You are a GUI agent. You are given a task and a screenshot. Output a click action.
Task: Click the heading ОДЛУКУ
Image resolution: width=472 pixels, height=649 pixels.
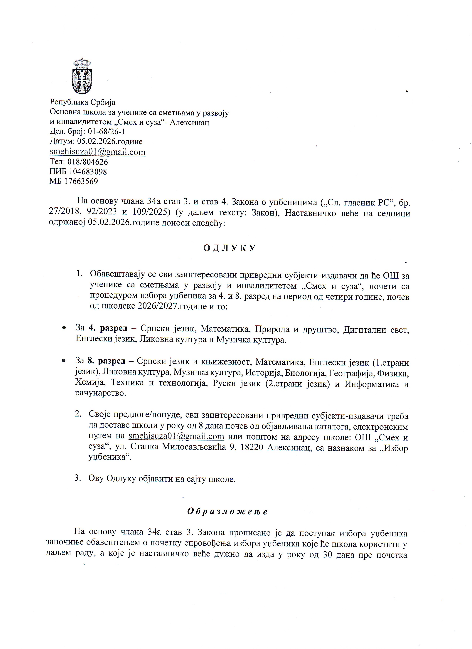point(229,248)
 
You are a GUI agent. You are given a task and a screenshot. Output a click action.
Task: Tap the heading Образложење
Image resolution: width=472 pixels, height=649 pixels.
point(227,511)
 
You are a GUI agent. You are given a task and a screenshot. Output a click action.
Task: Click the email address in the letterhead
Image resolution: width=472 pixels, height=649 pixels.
point(97,152)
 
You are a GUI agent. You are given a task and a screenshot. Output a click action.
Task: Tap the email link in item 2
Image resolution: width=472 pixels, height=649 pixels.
point(176,437)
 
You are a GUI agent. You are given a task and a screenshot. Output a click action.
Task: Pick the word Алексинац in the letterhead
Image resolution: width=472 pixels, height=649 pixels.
point(189,122)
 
